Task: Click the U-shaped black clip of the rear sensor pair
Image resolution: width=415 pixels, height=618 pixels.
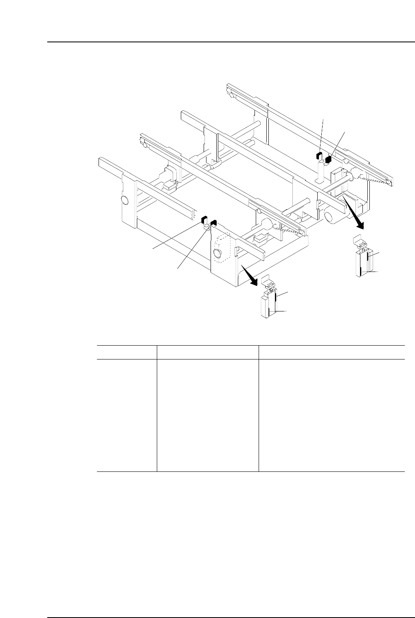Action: tap(319, 155)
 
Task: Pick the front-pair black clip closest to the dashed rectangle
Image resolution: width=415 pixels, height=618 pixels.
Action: tap(214, 222)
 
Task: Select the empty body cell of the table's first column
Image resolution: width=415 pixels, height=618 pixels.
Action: tap(127, 415)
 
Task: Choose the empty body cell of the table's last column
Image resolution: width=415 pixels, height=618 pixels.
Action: tap(332, 415)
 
